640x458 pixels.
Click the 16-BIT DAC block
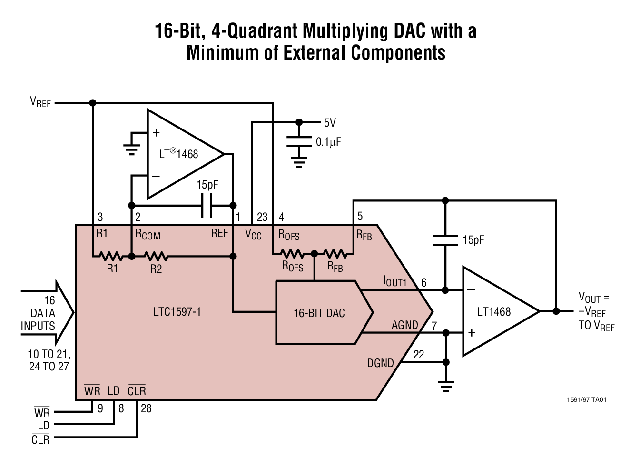(x=319, y=313)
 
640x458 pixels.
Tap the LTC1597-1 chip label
(x=177, y=312)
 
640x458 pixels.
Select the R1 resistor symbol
(x=111, y=256)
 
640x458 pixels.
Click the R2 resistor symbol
(x=156, y=256)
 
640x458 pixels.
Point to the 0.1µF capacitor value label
(x=328, y=142)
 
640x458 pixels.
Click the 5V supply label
(x=330, y=123)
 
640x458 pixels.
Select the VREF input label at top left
(x=40, y=102)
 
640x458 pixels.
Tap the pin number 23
(x=262, y=217)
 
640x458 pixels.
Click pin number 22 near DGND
(x=419, y=355)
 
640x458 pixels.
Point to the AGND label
(x=404, y=325)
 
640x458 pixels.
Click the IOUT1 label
(x=395, y=281)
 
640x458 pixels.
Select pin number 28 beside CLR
(x=146, y=408)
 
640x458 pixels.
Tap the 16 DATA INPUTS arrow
(x=48, y=313)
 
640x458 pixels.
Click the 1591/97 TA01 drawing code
(x=586, y=399)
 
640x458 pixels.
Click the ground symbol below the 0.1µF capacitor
(x=299, y=163)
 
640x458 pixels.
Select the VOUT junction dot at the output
(x=556, y=311)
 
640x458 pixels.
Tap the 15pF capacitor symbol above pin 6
(x=445, y=240)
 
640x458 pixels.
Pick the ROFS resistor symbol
(x=292, y=253)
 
